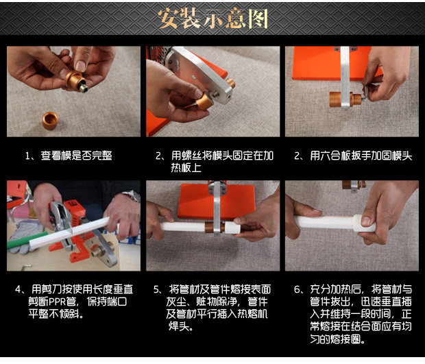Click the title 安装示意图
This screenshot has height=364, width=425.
tap(213, 19)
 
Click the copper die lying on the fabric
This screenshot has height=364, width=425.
tap(50, 121)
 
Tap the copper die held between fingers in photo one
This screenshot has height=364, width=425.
tap(75, 80)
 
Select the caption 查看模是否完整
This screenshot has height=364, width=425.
tap(77, 156)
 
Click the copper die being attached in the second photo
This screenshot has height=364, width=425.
tap(204, 101)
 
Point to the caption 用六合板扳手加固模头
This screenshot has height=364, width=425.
tap(361, 156)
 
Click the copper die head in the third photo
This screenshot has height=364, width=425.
tap(345, 99)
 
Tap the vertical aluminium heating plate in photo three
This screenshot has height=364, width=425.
tap(345, 77)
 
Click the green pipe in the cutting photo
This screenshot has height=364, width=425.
tap(27, 240)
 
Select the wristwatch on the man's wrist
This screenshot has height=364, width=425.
tap(132, 195)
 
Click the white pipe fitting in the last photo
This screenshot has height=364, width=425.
tap(364, 223)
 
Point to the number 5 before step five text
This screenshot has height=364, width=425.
tap(157, 289)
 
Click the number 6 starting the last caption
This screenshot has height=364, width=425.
tap(297, 289)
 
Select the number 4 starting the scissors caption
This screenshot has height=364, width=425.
tap(18, 289)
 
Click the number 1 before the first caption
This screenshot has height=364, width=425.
tap(27, 156)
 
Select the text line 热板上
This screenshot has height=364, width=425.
tap(186, 168)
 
